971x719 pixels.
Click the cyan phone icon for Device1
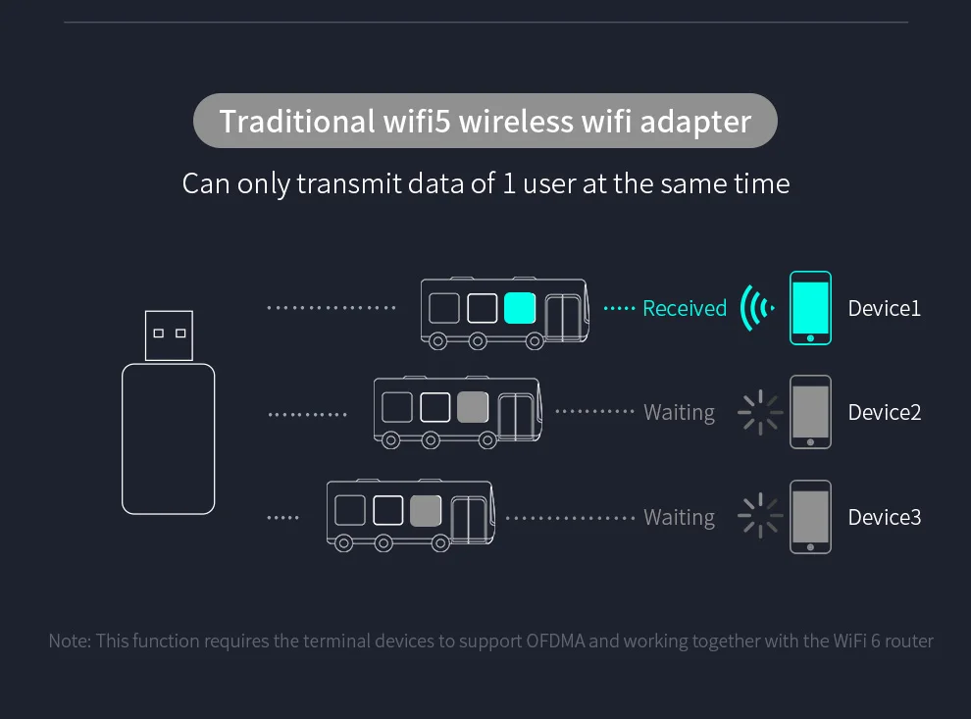click(811, 308)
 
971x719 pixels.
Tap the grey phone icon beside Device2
click(811, 412)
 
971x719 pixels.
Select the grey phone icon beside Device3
click(811, 517)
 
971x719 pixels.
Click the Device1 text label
click(884, 308)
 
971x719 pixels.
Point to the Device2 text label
click(884, 412)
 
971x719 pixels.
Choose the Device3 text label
click(884, 517)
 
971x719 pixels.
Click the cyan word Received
click(685, 308)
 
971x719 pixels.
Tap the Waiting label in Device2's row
click(679, 412)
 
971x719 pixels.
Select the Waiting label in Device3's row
click(679, 517)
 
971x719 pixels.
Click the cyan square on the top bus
click(519, 308)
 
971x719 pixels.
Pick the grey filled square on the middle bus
click(473, 406)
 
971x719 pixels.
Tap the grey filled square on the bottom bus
click(426, 511)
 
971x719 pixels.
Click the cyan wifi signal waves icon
click(755, 308)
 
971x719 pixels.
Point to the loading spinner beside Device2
click(760, 412)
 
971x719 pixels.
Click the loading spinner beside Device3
click(760, 517)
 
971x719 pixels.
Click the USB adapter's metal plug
click(169, 335)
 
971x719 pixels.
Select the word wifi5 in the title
click(415, 122)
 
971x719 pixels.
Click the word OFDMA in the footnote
click(557, 641)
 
